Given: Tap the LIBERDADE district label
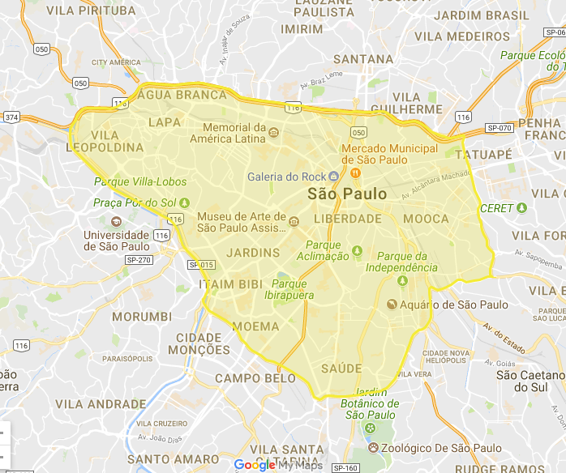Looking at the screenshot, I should point(347,219).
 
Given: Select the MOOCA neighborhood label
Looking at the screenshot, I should point(426,219).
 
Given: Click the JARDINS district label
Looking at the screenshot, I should point(253,253).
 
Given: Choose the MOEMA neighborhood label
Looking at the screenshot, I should point(255,326).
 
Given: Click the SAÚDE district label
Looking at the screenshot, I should point(341,369).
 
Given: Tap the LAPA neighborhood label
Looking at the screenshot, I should point(165,122).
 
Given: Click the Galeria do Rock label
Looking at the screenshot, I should point(286,177).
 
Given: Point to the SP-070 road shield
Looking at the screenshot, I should point(499,128).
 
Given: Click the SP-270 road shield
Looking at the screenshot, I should point(139,260).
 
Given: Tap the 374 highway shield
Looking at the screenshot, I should point(11,117).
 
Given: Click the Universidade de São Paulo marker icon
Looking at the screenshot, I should point(114,222).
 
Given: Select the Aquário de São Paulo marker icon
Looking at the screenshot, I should point(392,305).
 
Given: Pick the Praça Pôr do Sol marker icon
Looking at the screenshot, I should point(184,202).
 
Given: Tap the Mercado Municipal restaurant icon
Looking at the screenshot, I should point(355,172).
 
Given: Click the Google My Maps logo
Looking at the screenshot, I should point(277,465).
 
